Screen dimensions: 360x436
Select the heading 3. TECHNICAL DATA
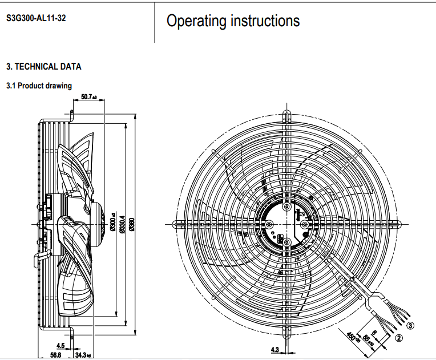coord(43,67)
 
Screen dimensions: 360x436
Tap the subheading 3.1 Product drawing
coord(39,86)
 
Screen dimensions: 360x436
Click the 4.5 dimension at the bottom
coord(60,345)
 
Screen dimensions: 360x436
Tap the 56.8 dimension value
coord(55,355)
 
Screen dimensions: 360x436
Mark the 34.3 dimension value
coord(83,355)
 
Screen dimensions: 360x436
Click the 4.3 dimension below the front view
coord(274,349)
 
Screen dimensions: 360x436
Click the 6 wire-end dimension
coord(374,332)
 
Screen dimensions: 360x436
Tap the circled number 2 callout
coord(399,338)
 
